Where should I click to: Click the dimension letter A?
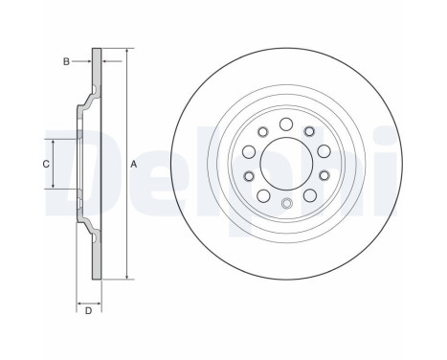[x=134, y=165]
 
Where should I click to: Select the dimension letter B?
[x=66, y=61]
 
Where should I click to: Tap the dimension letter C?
[x=46, y=164]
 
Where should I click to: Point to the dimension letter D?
[x=88, y=310]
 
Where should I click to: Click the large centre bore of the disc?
[x=286, y=164]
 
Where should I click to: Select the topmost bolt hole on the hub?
[x=286, y=124]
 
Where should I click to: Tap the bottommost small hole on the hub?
[x=287, y=203]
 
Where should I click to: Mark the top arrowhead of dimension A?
[x=127, y=51]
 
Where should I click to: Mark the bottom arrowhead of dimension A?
[x=127, y=277]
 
